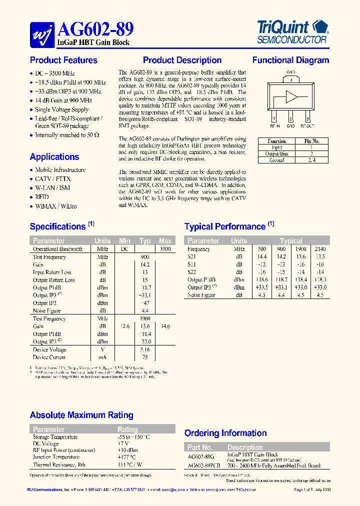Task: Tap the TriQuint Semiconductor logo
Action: tap(291, 31)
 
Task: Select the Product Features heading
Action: tap(63, 60)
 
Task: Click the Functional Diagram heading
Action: tap(290, 60)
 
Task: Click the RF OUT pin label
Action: tap(307, 126)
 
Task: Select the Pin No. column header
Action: tap(311, 141)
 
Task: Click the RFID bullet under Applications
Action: tap(42, 197)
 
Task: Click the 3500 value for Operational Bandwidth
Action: tap(165, 249)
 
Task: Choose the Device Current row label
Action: tap(49, 357)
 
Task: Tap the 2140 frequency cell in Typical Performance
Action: tap(320, 249)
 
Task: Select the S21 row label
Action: tap(192, 256)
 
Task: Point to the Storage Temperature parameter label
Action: tap(55, 437)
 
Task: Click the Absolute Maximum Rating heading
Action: tap(81, 415)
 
